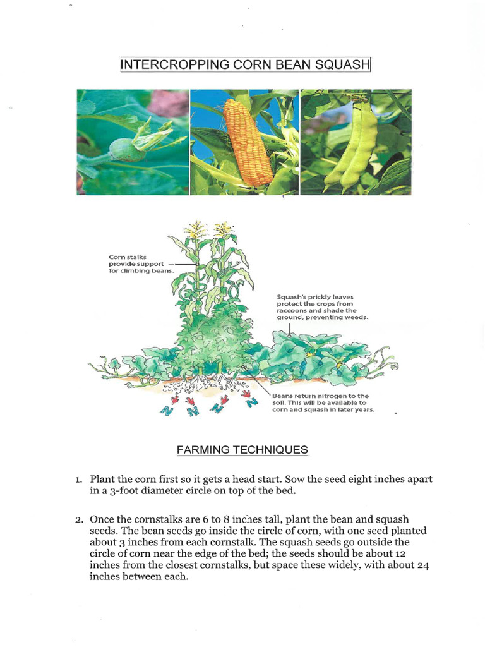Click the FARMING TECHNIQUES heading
coord(242,450)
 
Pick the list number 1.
coord(79,480)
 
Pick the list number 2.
coord(79,519)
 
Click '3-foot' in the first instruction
coord(126,490)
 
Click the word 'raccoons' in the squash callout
coord(292,310)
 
